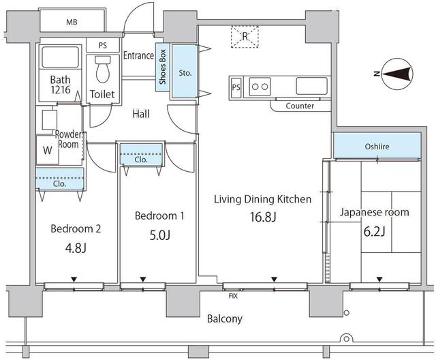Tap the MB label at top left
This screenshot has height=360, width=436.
click(72, 22)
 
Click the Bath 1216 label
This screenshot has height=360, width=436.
click(60, 84)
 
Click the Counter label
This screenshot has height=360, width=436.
click(299, 106)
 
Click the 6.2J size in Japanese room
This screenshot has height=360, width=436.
click(374, 231)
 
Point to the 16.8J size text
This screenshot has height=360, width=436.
click(262, 217)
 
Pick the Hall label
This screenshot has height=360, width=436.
click(141, 114)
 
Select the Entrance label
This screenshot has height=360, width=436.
click(138, 56)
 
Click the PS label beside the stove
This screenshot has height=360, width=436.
click(236, 87)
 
